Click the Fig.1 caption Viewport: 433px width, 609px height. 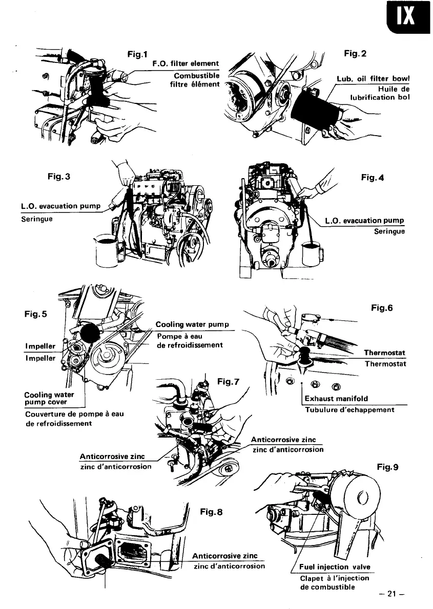click(x=137, y=53)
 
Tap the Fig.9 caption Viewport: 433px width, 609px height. click(x=387, y=467)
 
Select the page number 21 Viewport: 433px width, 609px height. click(x=393, y=594)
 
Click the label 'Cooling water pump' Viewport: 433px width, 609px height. click(x=192, y=324)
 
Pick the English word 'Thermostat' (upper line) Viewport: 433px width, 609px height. click(x=384, y=353)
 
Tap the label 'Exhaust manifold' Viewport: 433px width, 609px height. click(x=336, y=398)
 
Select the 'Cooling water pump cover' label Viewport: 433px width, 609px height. click(x=49, y=398)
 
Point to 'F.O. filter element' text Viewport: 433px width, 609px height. click(x=185, y=63)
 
